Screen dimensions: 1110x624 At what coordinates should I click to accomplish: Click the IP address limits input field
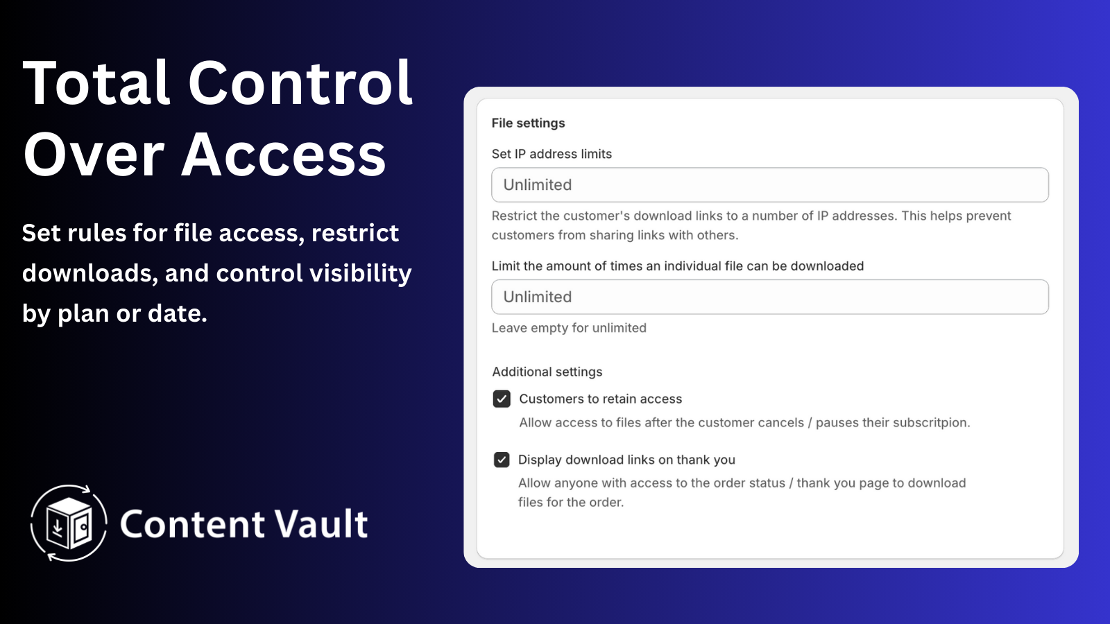[769, 184]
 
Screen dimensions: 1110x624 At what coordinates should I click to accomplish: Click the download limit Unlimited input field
[769, 297]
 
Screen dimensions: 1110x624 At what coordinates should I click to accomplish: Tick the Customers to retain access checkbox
[502, 399]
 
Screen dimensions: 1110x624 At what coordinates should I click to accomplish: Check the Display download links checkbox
[502, 460]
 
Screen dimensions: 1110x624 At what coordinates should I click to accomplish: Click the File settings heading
[528, 123]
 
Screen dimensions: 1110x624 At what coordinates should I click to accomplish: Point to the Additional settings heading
[547, 372]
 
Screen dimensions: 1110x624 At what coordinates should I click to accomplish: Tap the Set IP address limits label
[552, 154]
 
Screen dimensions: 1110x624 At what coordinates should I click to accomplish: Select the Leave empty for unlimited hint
[569, 328]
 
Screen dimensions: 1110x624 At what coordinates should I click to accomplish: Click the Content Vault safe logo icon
[69, 523]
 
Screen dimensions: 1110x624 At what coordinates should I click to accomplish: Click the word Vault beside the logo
[322, 523]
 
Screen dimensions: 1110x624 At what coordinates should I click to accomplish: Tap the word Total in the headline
[96, 83]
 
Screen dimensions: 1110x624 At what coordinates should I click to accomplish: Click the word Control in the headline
[300, 83]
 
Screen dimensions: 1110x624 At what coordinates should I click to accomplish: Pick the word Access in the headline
[284, 155]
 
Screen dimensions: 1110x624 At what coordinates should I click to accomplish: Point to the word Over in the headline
[94, 155]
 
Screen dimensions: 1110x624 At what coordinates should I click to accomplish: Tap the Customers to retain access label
[601, 399]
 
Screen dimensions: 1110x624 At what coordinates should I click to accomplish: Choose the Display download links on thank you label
[627, 460]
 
